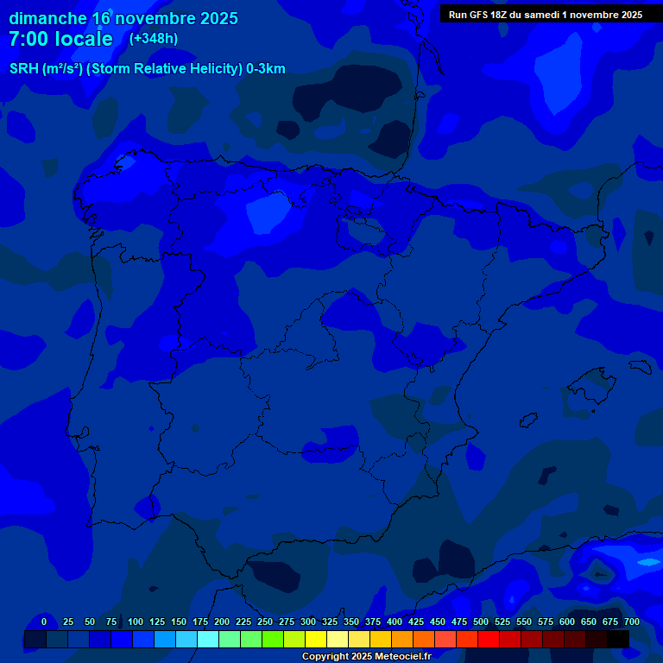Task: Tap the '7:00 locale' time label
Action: (x=60, y=39)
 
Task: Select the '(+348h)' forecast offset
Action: (x=153, y=39)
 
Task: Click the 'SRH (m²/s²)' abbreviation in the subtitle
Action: (x=46, y=69)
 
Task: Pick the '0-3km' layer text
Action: (x=265, y=69)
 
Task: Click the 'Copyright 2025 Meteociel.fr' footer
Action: (x=366, y=656)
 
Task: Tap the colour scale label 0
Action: (x=44, y=622)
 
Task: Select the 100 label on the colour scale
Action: (x=136, y=622)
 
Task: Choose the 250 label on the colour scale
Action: (x=265, y=622)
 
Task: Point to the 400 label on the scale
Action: (x=395, y=622)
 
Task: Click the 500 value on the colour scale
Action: (x=481, y=622)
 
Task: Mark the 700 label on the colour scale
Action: (x=632, y=622)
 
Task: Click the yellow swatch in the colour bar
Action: (x=316, y=639)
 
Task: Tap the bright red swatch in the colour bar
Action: (x=489, y=639)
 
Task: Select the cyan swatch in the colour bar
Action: (x=208, y=639)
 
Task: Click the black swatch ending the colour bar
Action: (x=618, y=639)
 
